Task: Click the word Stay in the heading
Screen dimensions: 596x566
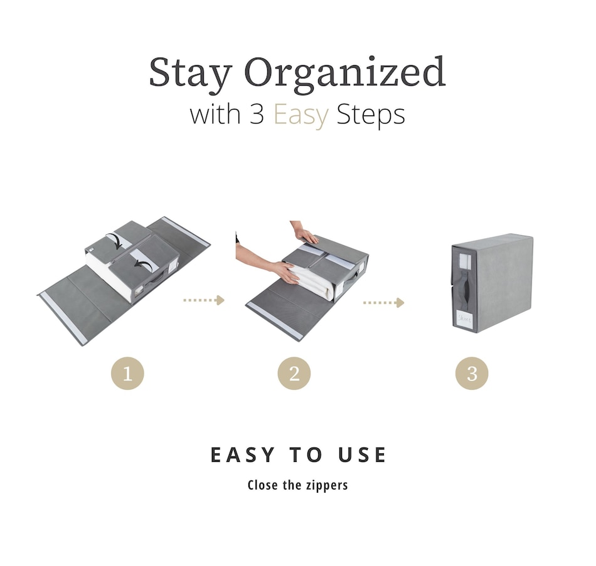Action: coord(190,73)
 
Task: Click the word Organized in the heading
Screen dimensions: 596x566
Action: coord(345,73)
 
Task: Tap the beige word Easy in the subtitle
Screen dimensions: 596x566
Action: coord(301,115)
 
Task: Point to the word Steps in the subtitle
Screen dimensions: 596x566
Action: coord(371,115)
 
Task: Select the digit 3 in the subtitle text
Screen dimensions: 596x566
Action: coord(257,114)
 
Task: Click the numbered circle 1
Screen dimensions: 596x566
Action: coord(128,373)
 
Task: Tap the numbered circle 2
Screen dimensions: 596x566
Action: coord(294,373)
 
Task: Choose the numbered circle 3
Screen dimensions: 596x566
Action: coord(472,373)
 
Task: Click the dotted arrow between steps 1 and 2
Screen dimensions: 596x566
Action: coord(204,300)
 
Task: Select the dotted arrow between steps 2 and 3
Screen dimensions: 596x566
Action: coord(383,302)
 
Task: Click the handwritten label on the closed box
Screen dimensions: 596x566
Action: coord(464,318)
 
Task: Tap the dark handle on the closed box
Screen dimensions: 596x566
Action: coord(465,289)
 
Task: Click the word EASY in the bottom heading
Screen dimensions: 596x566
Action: coord(242,454)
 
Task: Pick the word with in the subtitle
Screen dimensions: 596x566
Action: coord(215,114)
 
